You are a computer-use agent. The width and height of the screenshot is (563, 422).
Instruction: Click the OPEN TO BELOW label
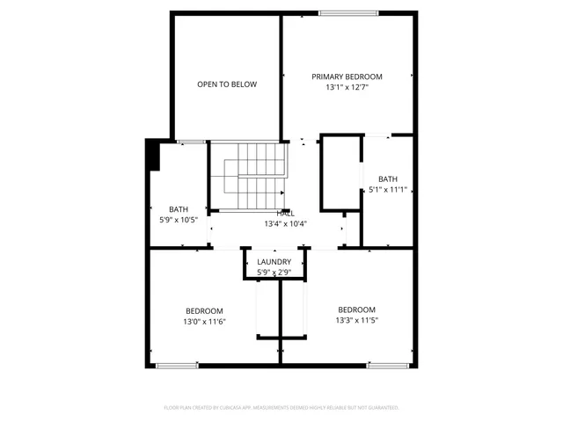(227, 84)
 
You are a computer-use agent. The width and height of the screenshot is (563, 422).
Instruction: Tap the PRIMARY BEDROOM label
(347, 76)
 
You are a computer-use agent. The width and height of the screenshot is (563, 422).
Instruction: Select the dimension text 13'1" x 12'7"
(347, 88)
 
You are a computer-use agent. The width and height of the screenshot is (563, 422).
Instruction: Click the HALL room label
(286, 214)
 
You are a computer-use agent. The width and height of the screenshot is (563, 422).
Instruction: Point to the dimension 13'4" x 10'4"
(286, 224)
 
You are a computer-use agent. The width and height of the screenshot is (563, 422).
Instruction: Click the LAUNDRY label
(274, 262)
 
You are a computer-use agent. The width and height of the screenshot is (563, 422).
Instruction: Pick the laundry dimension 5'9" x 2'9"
(274, 273)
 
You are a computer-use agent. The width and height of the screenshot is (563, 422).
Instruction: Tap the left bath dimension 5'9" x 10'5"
(179, 220)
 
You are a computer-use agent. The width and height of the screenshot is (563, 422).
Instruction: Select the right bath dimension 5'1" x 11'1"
(388, 189)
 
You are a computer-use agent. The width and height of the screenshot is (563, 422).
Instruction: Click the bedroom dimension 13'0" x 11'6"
(204, 322)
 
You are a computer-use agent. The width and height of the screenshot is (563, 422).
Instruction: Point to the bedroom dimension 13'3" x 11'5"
(357, 321)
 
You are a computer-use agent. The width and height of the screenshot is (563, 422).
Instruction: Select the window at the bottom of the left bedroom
(177, 364)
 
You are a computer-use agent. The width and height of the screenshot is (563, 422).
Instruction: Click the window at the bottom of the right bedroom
(387, 364)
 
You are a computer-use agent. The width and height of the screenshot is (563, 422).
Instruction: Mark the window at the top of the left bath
(191, 142)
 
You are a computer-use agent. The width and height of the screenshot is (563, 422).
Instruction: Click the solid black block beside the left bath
(152, 155)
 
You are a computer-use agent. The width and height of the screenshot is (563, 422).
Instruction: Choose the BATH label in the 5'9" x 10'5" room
(179, 208)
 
